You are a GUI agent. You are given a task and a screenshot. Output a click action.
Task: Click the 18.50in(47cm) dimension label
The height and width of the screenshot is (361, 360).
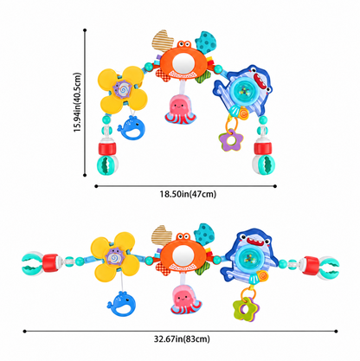[188, 194]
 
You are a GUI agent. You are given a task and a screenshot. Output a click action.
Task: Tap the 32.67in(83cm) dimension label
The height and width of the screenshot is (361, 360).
[182, 338]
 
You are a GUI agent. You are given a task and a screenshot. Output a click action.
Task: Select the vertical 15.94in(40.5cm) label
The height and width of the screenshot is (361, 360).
[77, 102]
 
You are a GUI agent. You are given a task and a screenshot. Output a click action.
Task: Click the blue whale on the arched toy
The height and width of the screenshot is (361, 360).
[131, 127]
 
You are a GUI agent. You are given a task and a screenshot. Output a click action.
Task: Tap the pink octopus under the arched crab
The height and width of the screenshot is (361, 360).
[180, 110]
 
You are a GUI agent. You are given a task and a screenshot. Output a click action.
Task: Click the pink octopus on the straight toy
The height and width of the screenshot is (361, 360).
[185, 300]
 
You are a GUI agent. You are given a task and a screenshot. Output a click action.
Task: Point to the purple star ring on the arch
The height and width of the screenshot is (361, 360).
[231, 140]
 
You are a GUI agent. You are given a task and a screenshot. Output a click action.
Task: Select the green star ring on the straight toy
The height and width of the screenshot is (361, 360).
[246, 309]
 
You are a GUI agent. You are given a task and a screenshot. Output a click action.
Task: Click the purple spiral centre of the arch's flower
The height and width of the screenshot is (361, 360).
[122, 89]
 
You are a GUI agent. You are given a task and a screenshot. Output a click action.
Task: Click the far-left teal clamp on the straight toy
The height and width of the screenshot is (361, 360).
[32, 262]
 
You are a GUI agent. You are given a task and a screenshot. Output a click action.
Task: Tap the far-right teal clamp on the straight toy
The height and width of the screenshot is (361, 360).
[329, 268]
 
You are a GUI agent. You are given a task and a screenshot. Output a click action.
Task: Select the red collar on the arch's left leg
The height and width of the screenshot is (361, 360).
[107, 148]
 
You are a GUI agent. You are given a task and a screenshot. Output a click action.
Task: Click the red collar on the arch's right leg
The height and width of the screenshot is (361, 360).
[262, 148]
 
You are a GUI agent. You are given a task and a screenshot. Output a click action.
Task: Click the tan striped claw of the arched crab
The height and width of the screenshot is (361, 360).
[163, 41]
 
